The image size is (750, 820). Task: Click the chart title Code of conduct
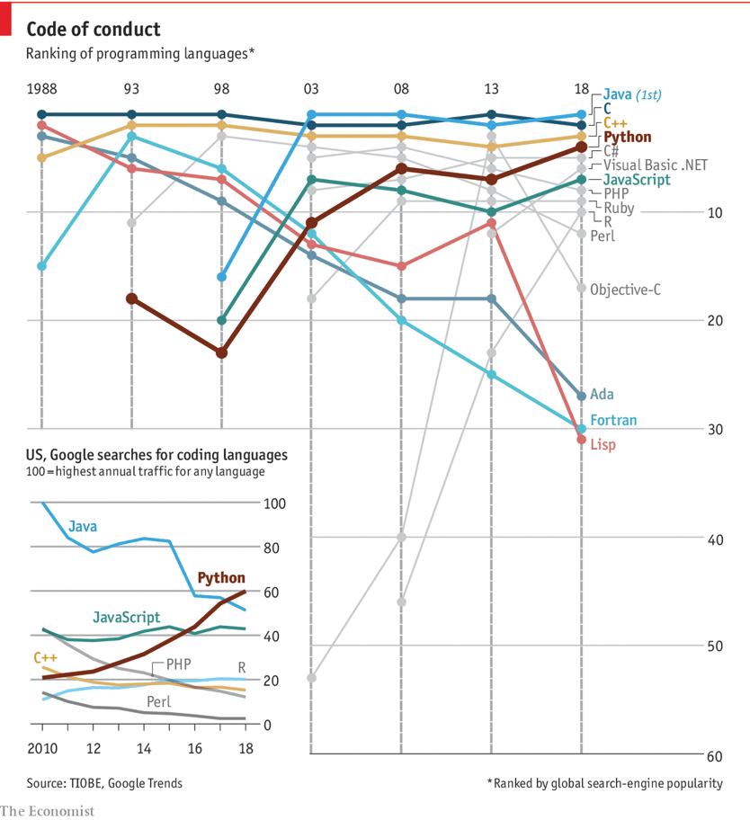click(x=94, y=30)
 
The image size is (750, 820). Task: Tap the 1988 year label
click(x=41, y=89)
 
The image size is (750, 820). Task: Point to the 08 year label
click(x=401, y=89)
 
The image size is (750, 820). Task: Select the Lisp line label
click(x=603, y=444)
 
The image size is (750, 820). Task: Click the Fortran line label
click(x=614, y=420)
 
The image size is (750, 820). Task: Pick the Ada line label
click(x=603, y=394)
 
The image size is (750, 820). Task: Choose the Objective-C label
click(x=625, y=289)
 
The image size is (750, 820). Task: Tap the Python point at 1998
click(x=221, y=352)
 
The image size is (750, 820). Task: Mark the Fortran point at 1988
click(x=41, y=266)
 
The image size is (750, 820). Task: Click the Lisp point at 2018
click(x=581, y=439)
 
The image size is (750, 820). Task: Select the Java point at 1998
click(x=221, y=277)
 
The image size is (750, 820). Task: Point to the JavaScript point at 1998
click(x=221, y=320)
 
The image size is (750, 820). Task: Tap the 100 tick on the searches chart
click(x=272, y=504)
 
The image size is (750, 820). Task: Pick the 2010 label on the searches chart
click(x=41, y=748)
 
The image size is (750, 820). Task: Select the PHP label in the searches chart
click(x=179, y=666)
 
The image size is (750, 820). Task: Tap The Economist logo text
click(x=47, y=811)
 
